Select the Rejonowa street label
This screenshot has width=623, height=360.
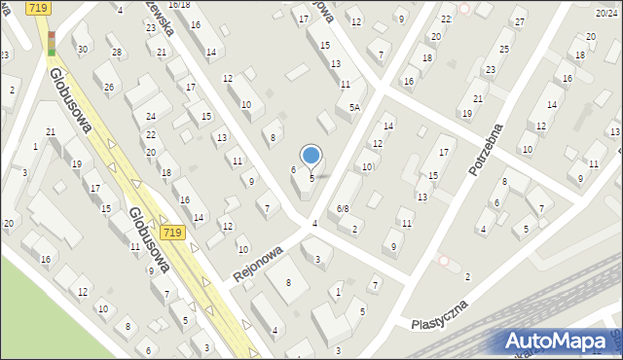[x=257, y=265]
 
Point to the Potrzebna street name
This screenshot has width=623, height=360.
[x=489, y=149]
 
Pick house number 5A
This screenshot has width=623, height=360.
[x=356, y=108]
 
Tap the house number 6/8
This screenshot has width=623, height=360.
[x=343, y=209]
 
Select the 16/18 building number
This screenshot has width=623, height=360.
[x=179, y=5]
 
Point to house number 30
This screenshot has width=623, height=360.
[x=82, y=50]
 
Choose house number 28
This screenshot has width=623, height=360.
[x=117, y=53]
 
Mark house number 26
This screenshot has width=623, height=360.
[x=109, y=89]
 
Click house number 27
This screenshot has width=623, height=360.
[x=520, y=22]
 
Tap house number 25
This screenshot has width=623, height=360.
[x=504, y=49]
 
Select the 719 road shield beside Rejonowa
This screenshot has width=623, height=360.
[x=173, y=233]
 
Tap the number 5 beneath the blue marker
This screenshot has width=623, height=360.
[x=311, y=178]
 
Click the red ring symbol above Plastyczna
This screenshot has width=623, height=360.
[x=445, y=260]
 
